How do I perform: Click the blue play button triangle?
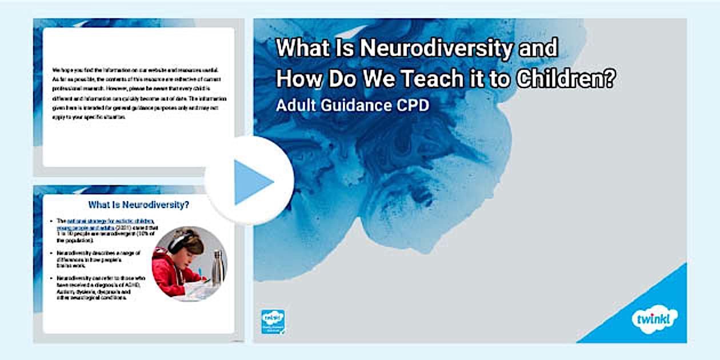tap(252, 182)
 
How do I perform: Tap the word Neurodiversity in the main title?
tap(436, 48)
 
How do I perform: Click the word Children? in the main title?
tap(566, 79)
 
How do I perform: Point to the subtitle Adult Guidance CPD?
tap(352, 106)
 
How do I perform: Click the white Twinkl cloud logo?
tap(655, 318)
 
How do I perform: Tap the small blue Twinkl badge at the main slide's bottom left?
tap(273, 321)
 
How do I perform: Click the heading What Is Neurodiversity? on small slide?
tap(139, 205)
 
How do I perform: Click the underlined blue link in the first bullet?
tap(106, 223)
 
